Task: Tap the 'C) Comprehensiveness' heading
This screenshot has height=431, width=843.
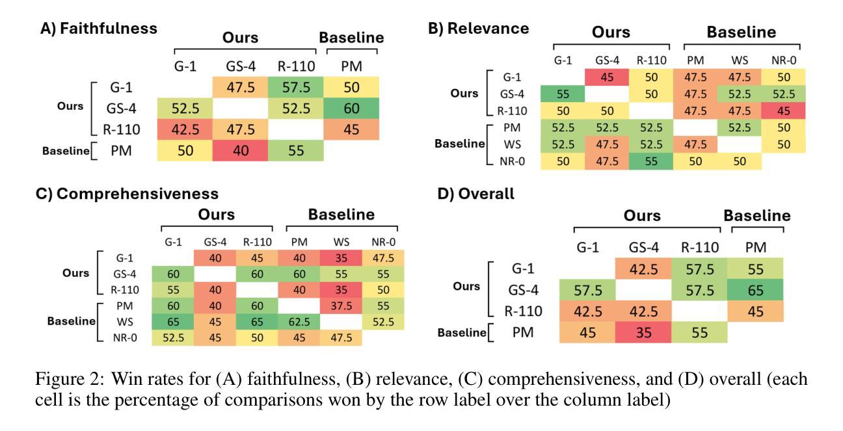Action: [x=127, y=194]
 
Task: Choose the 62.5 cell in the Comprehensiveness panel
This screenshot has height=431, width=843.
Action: [x=299, y=321]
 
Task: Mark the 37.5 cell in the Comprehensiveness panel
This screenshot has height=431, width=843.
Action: [x=341, y=306]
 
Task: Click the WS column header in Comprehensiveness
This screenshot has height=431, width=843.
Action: [x=340, y=242]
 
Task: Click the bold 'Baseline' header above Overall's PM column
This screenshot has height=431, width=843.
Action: [x=757, y=216]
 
